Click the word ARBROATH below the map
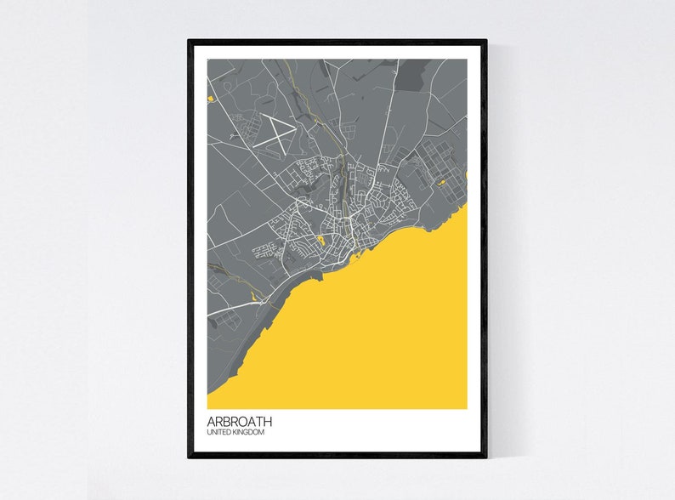tap(240, 421)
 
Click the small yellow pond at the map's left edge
tap(209, 99)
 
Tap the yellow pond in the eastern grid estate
tap(442, 183)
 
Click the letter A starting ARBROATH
tap(211, 421)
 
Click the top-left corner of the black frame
tap(189, 39)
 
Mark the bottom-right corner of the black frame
tap(486, 457)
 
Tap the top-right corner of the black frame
tap(486, 39)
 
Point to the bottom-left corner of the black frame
tap(189, 457)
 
